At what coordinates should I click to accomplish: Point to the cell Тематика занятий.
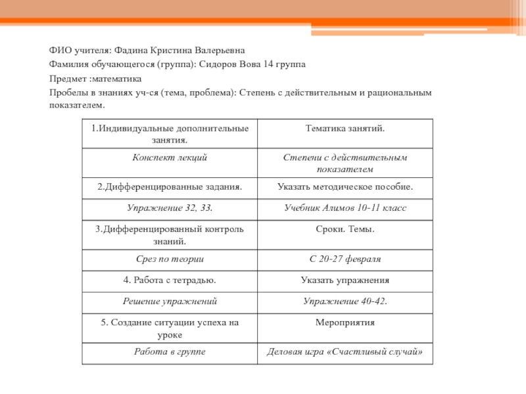point(345,129)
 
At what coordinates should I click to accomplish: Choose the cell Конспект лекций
point(170,158)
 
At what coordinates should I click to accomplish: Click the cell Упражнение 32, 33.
point(170,208)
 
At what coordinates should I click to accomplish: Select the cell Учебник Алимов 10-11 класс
point(345,208)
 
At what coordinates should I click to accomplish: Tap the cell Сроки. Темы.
point(345,229)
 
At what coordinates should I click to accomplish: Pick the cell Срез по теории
point(170,259)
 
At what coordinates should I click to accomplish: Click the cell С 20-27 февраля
point(345,259)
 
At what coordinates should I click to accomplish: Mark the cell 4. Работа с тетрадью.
point(170,280)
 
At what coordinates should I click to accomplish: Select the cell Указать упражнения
point(345,280)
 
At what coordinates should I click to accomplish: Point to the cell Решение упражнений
point(170,301)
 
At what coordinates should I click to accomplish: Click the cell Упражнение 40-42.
point(345,301)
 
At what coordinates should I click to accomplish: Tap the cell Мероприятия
point(345,322)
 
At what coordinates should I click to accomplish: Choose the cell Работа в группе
point(170,352)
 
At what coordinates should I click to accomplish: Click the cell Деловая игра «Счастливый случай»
point(345,352)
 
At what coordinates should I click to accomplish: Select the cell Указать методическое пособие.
point(345,186)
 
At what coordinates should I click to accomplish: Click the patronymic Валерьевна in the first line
point(218,50)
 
